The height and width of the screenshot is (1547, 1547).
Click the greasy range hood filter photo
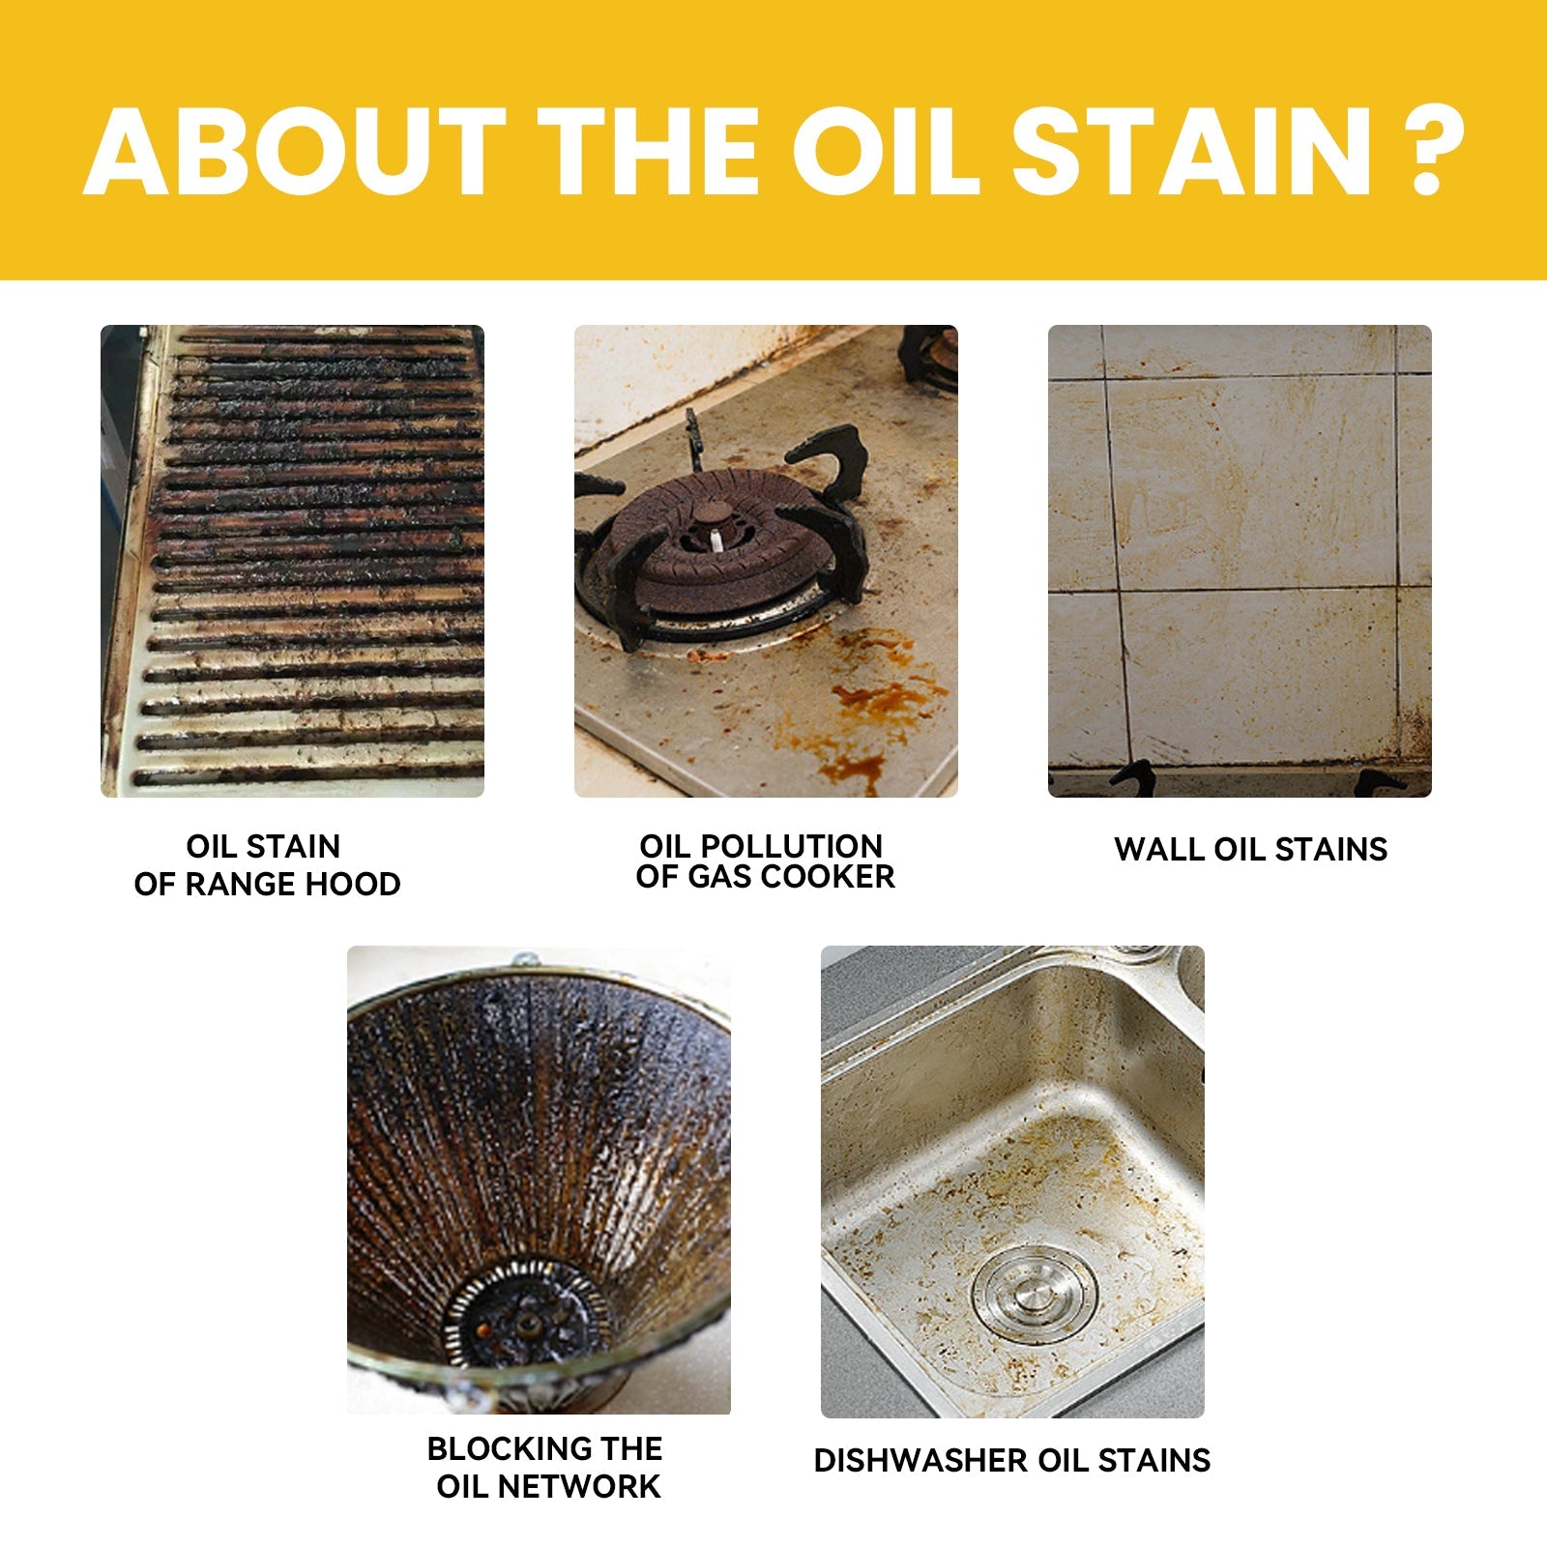coord(292,561)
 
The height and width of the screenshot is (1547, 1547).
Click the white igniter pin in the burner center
coord(716,540)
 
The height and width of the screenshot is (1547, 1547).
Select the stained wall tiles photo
coord(1240,561)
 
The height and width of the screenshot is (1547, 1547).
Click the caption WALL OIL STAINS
coord(1250,850)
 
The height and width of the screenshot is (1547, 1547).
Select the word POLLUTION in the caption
coord(791,846)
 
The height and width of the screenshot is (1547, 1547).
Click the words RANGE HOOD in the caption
coord(293,884)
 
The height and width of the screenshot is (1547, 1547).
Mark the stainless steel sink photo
coord(1012,1182)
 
